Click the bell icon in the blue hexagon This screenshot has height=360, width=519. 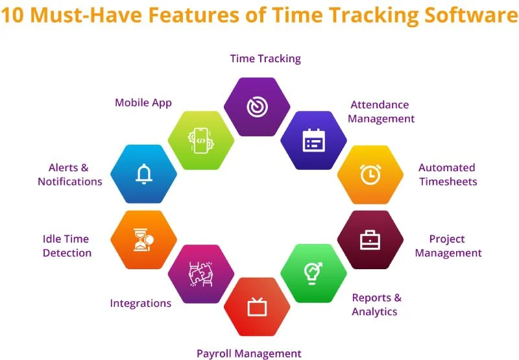click(143, 174)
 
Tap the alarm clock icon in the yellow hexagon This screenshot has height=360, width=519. click(370, 174)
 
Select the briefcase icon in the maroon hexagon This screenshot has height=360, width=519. click(370, 240)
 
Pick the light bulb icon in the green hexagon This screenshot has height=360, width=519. click(313, 273)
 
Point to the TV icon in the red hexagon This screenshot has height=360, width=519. click(257, 307)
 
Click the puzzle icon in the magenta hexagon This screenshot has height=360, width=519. click(200, 273)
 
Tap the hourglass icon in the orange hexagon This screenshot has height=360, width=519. click(143, 240)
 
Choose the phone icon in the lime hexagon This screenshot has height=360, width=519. click(200, 140)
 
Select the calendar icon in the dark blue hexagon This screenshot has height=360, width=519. click(313, 140)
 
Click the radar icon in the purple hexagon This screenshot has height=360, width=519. click(257, 107)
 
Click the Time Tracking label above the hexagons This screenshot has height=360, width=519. click(265, 58)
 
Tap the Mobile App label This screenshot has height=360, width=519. click(143, 102)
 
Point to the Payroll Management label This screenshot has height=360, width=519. click(249, 354)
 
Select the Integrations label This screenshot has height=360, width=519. click(141, 303)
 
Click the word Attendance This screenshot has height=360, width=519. click(380, 104)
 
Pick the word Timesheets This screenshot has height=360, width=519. click(448, 182)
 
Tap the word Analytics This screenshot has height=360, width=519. click(374, 311)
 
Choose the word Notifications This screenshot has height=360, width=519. click(70, 182)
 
